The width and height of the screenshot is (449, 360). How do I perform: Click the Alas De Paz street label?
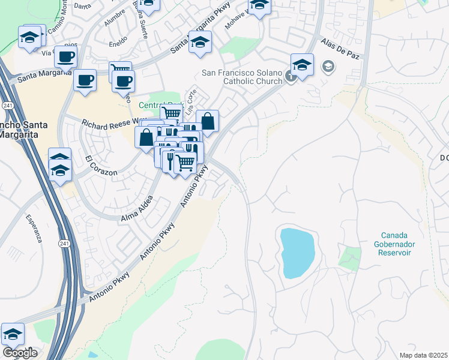point(340,49)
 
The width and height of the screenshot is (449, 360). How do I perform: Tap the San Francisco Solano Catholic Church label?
point(242,77)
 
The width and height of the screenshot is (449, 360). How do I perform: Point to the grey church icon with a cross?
point(291,76)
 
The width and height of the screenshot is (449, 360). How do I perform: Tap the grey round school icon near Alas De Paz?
point(328,66)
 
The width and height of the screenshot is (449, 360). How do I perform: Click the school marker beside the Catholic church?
point(303,65)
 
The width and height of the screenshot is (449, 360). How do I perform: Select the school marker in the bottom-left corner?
point(13,334)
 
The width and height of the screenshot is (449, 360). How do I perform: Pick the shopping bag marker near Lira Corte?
point(207,121)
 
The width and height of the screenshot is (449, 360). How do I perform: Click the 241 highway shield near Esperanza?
point(64,243)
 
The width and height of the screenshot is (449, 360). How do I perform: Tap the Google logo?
point(20,352)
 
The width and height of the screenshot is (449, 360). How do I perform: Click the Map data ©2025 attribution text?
point(423,355)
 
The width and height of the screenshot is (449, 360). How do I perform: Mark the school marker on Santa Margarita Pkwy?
point(200,42)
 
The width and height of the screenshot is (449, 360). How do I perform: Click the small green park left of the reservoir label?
point(351,257)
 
